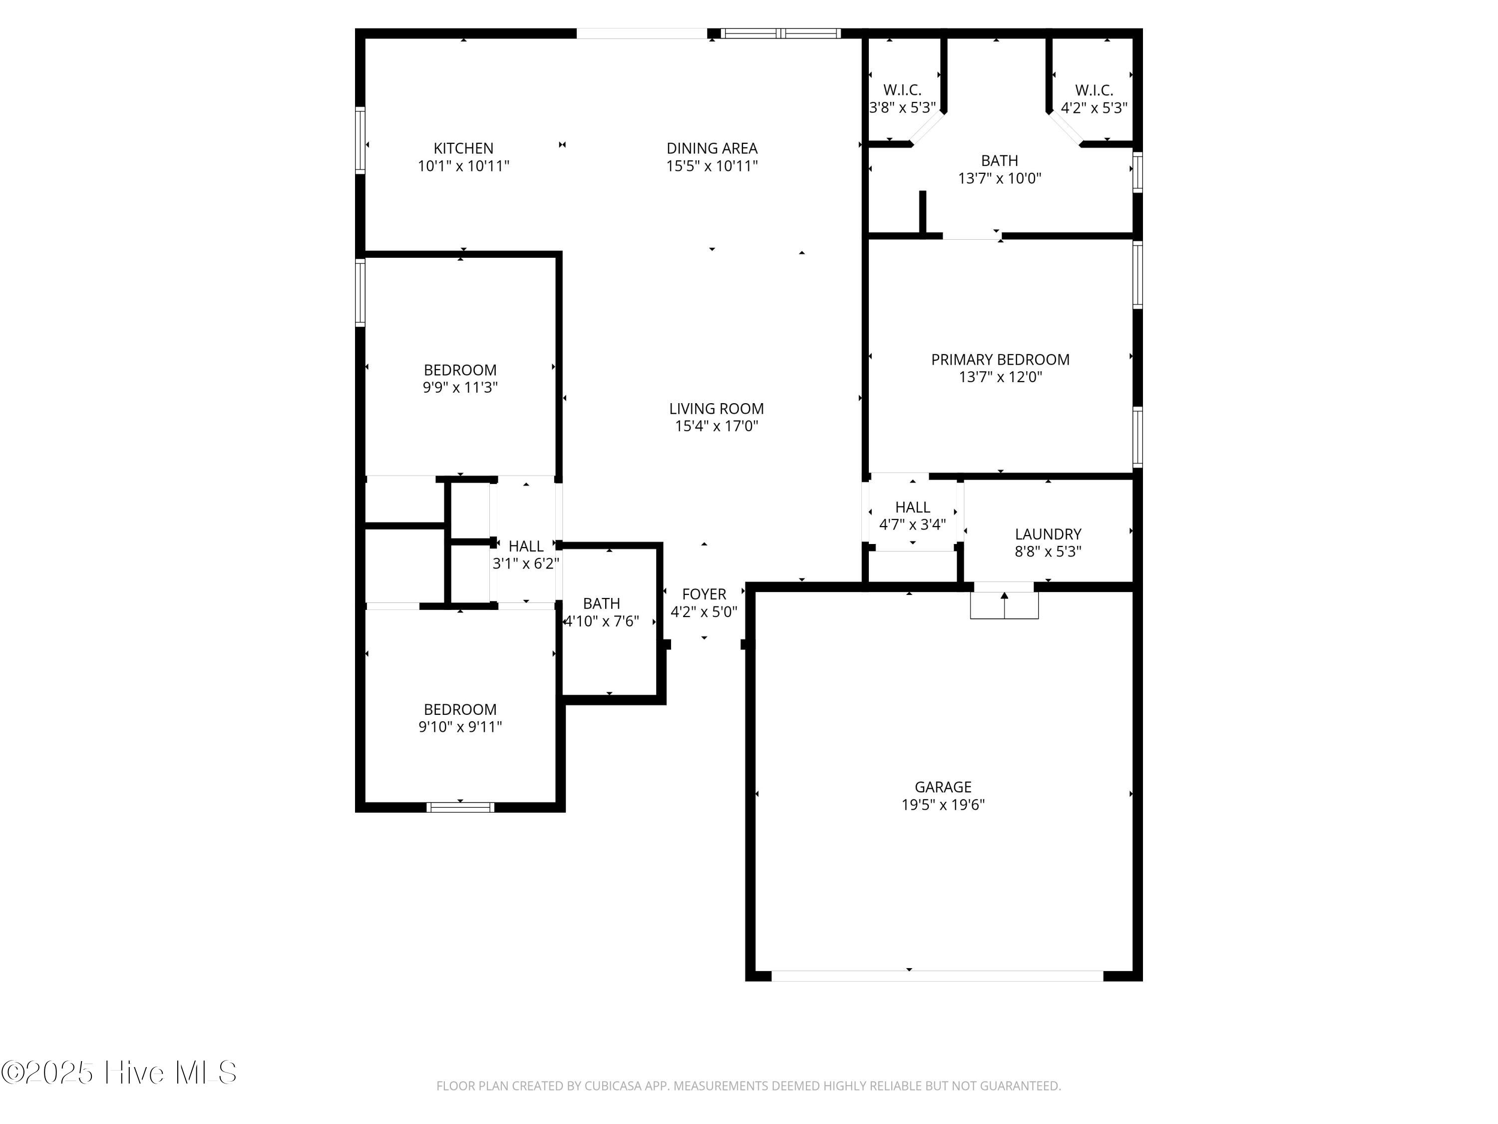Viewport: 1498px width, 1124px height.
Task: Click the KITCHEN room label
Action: pyautogui.click(x=463, y=148)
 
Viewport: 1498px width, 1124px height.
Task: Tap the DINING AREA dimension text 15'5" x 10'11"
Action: pyautogui.click(x=712, y=166)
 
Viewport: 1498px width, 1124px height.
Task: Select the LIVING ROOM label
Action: pyautogui.click(x=717, y=409)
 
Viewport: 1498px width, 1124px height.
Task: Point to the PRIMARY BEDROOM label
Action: pyautogui.click(x=1000, y=360)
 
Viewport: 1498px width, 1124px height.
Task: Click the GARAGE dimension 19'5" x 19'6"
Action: pyautogui.click(x=943, y=804)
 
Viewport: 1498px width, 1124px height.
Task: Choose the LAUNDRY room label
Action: pyautogui.click(x=1048, y=534)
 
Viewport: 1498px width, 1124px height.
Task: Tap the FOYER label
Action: pyautogui.click(x=704, y=594)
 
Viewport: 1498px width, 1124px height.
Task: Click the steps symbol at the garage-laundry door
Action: pyautogui.click(x=1004, y=605)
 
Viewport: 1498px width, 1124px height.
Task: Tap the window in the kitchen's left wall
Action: pyautogui.click(x=361, y=140)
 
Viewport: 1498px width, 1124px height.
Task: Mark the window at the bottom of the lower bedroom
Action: pyautogui.click(x=460, y=807)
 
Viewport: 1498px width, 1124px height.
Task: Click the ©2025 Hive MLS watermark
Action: pyautogui.click(x=119, y=1073)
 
